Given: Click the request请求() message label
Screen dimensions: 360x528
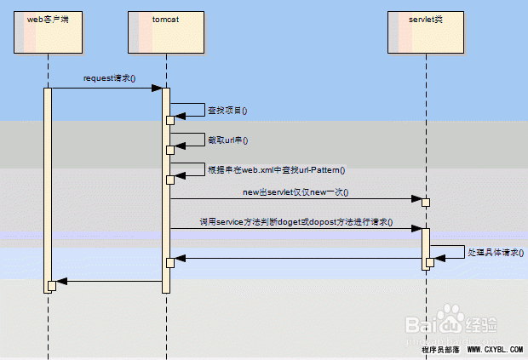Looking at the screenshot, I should [109, 78].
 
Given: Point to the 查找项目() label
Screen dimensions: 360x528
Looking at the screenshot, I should [227, 111].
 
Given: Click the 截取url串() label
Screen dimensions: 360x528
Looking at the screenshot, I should [227, 140].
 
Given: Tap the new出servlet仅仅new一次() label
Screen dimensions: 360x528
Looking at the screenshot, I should [296, 192].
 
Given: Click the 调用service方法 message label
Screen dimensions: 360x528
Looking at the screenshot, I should [296, 221].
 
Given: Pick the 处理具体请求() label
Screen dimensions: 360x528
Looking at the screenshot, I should [496, 253].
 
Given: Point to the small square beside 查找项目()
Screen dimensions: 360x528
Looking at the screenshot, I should [170, 120].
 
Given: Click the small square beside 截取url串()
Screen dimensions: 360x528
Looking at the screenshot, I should [170, 150].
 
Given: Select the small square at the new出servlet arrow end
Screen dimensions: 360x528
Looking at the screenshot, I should [426, 202].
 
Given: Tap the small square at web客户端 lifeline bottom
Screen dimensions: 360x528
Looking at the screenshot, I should [52, 285].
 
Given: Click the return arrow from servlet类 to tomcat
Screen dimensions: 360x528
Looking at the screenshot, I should [298, 259].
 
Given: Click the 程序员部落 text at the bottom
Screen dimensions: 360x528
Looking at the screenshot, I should [440, 350].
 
